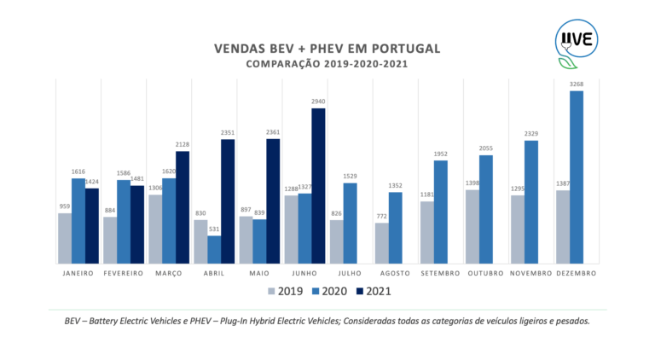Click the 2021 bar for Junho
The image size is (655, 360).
click(x=318, y=185)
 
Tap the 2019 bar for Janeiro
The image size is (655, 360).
click(x=65, y=238)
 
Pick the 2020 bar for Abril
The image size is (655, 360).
click(x=214, y=249)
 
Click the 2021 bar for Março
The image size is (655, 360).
click(x=182, y=206)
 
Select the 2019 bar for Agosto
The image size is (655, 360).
click(x=381, y=242)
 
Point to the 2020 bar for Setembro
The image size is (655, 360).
click(x=440, y=212)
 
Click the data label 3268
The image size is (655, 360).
click(x=577, y=84)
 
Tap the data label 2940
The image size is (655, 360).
click(x=318, y=102)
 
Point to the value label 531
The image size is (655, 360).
click(x=214, y=229)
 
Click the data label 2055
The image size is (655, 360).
click(x=486, y=148)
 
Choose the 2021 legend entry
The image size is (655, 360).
click(x=372, y=291)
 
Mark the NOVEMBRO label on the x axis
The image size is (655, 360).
click(x=531, y=273)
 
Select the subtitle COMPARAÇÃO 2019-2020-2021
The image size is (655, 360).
click(x=327, y=64)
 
